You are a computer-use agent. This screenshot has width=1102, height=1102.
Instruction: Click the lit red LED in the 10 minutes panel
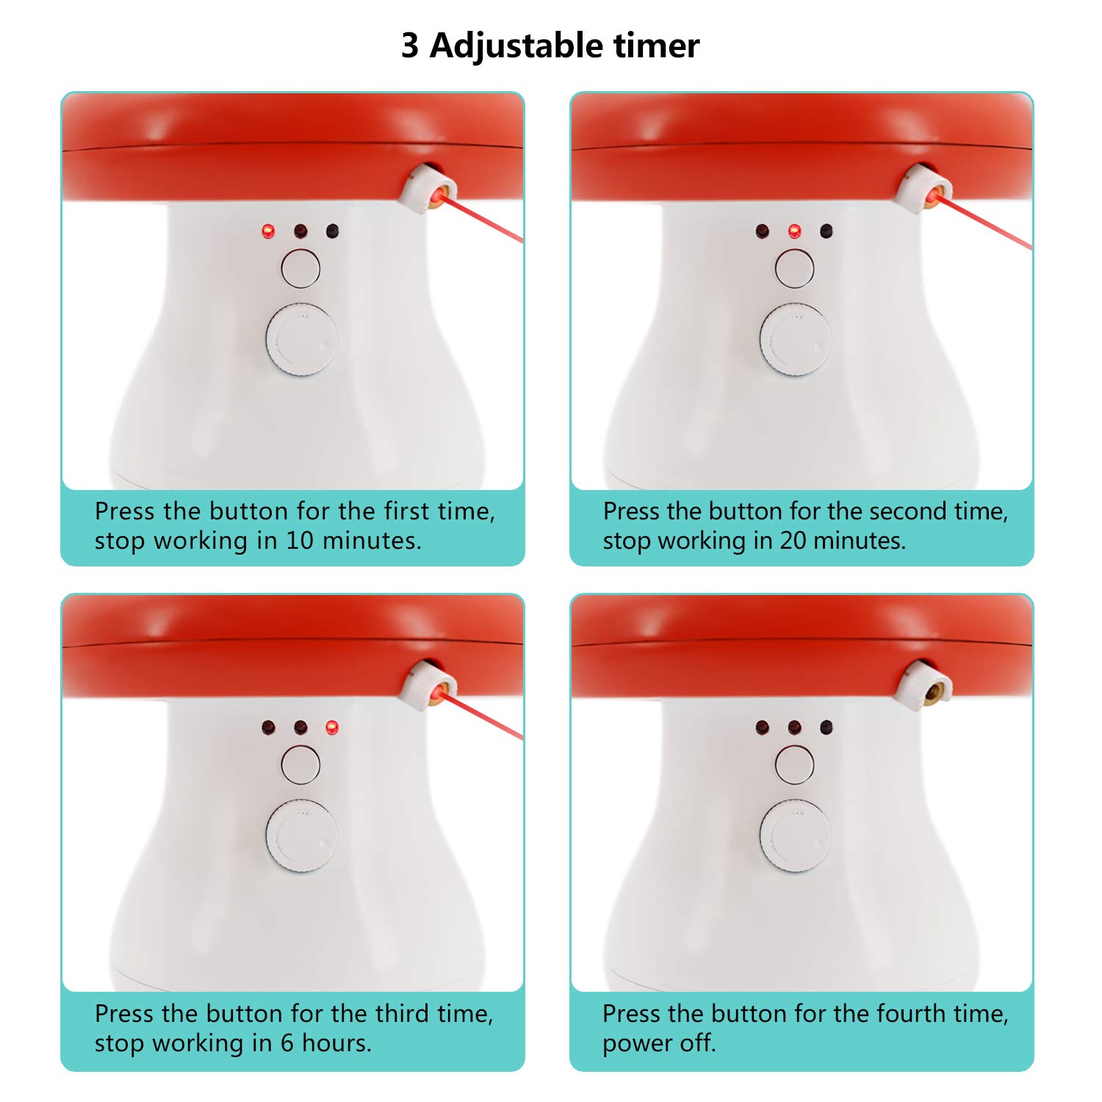(x=268, y=232)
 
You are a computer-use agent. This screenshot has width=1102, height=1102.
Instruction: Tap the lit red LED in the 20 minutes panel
(x=794, y=231)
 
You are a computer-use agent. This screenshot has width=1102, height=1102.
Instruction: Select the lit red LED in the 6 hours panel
(x=332, y=728)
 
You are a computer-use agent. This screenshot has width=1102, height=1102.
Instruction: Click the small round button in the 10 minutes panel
(x=300, y=268)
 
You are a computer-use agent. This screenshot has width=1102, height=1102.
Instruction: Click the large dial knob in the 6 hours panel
(x=301, y=836)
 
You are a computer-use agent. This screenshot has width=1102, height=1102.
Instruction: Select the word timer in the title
(x=657, y=46)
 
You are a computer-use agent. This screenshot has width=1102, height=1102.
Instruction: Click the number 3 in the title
(x=410, y=46)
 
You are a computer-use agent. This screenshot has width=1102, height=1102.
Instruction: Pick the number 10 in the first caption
(x=300, y=541)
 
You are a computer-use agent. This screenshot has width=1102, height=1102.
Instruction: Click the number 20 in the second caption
(x=794, y=541)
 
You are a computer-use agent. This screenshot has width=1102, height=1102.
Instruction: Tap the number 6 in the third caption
(x=288, y=1043)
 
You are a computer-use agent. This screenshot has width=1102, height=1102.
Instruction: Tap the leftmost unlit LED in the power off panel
(x=763, y=728)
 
